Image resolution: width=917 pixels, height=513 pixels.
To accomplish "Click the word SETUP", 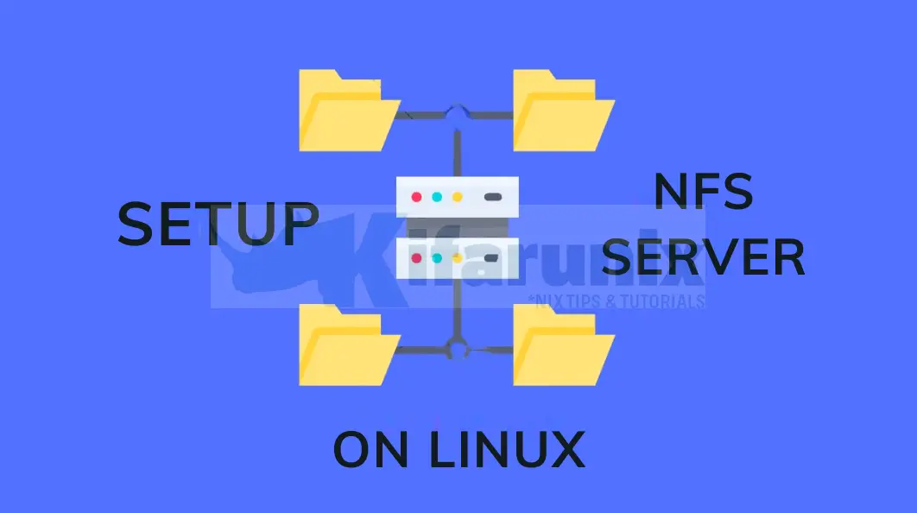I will coord(218,225).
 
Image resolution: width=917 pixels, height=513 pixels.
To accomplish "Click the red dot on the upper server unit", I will coord(417,197).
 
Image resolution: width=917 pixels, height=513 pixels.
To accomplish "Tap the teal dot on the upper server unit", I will coord(437,197).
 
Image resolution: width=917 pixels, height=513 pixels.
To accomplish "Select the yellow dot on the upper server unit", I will coord(458,197).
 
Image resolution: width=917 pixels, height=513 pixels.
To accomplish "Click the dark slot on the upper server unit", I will coord(493,197).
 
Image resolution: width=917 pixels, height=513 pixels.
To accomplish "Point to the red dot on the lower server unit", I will coord(417,257).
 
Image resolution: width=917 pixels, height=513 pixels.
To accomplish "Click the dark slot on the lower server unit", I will coord(493,257).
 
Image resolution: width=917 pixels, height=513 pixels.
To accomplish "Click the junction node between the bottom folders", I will coord(456,349).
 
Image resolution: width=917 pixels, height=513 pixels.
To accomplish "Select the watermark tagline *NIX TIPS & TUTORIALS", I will coord(616,301).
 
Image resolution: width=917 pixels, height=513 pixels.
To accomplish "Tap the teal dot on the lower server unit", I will coord(437,257).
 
